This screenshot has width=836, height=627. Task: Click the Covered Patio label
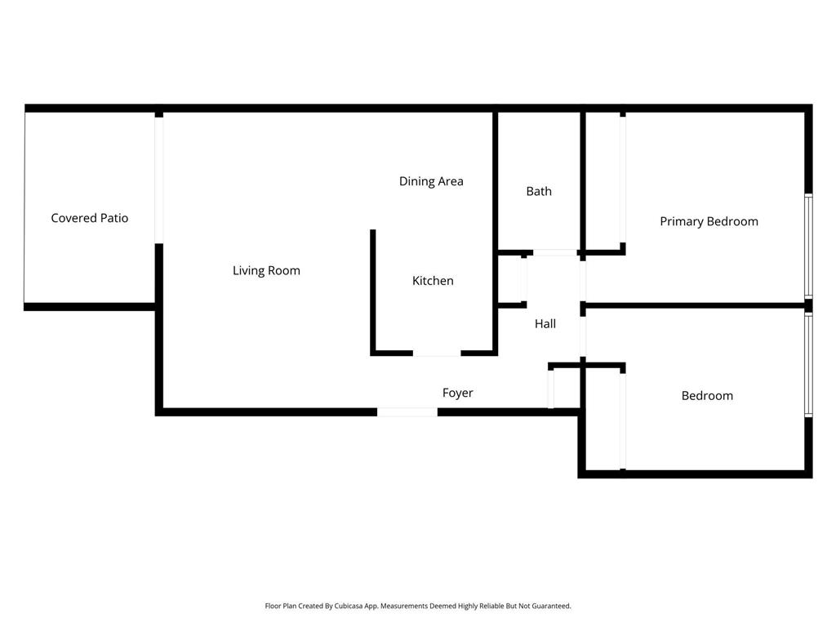90,218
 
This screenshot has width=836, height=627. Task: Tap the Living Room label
267,271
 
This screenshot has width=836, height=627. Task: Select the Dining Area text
431,181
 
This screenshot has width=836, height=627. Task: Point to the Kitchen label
433,281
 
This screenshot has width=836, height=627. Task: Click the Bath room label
539,191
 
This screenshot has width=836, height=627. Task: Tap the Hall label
545,323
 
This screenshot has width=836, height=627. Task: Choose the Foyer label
458,393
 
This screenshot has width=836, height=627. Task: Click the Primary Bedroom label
709,221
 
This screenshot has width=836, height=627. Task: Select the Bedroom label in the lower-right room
708,396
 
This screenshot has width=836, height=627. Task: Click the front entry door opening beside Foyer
407,412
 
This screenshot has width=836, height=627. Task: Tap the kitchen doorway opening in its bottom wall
437,353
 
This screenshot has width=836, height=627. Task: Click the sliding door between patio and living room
159,180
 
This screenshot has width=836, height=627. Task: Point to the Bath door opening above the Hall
555,252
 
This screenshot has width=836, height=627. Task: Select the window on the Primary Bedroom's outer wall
809,246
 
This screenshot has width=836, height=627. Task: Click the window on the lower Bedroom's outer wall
809,365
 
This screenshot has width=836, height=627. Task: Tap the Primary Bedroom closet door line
623,180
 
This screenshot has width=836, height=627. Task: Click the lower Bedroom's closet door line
623,421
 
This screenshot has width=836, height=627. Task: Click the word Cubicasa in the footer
349,606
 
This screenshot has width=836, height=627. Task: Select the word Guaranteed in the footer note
551,606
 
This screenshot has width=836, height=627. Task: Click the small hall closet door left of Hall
524,280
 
